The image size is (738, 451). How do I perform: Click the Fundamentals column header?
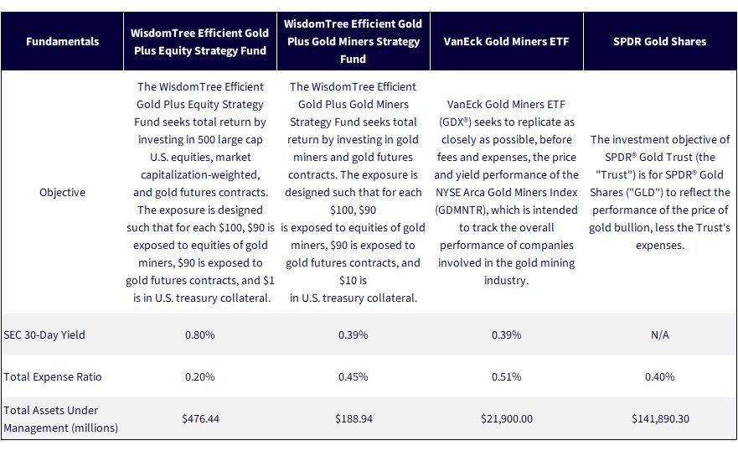(62, 41)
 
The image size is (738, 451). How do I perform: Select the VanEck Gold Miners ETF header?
(506, 41)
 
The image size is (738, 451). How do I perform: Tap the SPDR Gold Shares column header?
(659, 41)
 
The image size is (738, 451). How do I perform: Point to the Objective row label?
(62, 193)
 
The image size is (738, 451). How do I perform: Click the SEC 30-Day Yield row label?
(44, 334)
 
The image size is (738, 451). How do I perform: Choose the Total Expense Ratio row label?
(52, 376)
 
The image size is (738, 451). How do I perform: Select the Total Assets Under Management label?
(60, 419)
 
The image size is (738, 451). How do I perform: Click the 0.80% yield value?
(199, 334)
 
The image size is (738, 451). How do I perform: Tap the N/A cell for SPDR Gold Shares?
(659, 334)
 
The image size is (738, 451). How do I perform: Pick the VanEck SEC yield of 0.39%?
(506, 334)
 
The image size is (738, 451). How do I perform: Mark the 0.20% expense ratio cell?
(199, 376)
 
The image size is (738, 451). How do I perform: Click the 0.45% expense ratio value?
(353, 376)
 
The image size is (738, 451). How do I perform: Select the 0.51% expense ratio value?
(506, 376)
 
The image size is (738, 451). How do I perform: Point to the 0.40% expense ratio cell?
(659, 376)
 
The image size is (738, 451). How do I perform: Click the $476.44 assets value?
(200, 418)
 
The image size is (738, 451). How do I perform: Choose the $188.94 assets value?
(354, 418)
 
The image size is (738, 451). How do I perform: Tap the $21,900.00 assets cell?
(507, 418)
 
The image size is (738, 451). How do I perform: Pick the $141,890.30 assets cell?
(660, 418)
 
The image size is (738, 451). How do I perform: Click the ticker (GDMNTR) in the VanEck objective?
(461, 210)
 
